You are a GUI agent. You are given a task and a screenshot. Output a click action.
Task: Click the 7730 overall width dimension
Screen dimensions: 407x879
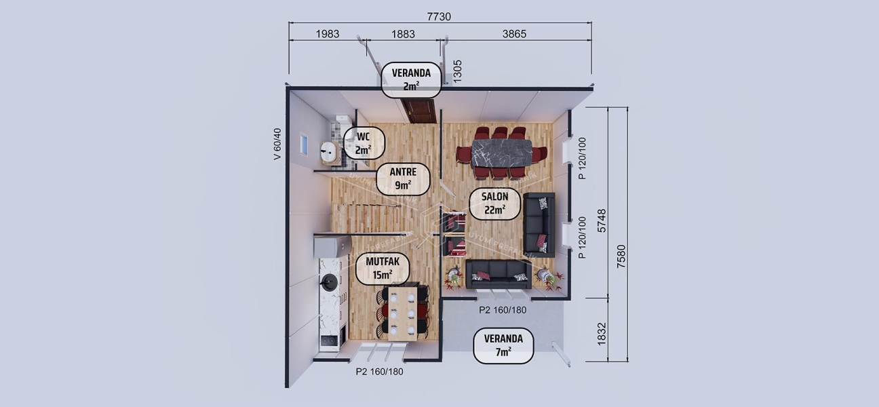(x=439, y=16)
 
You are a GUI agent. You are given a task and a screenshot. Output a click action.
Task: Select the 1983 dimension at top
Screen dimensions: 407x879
(x=328, y=33)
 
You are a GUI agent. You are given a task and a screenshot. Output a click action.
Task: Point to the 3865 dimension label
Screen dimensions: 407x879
(x=514, y=33)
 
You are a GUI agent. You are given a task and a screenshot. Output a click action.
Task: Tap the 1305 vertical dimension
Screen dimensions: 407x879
(x=458, y=71)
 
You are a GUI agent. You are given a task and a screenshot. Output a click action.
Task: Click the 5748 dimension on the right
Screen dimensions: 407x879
(x=601, y=220)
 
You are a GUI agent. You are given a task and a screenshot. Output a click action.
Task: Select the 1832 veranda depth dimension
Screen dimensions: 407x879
(x=601, y=331)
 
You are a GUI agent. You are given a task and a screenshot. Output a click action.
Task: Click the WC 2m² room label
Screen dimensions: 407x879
(x=364, y=142)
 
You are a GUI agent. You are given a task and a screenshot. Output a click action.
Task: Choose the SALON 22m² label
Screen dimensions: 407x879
(x=495, y=203)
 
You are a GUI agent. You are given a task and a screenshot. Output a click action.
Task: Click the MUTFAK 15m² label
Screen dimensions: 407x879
(x=383, y=269)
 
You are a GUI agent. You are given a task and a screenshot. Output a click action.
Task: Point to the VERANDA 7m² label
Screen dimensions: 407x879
(x=503, y=345)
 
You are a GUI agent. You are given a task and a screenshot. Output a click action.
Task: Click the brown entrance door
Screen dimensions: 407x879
(x=418, y=111)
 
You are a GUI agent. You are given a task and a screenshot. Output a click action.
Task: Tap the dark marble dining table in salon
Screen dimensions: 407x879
(x=502, y=153)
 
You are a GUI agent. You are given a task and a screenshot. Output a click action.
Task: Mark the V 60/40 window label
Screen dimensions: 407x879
(x=277, y=144)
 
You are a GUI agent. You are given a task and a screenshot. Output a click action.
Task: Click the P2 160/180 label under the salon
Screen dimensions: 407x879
(x=503, y=310)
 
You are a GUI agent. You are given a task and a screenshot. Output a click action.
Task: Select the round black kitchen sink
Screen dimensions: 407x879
(x=329, y=282)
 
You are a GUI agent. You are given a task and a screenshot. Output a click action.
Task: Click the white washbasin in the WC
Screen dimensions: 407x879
(x=329, y=152)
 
